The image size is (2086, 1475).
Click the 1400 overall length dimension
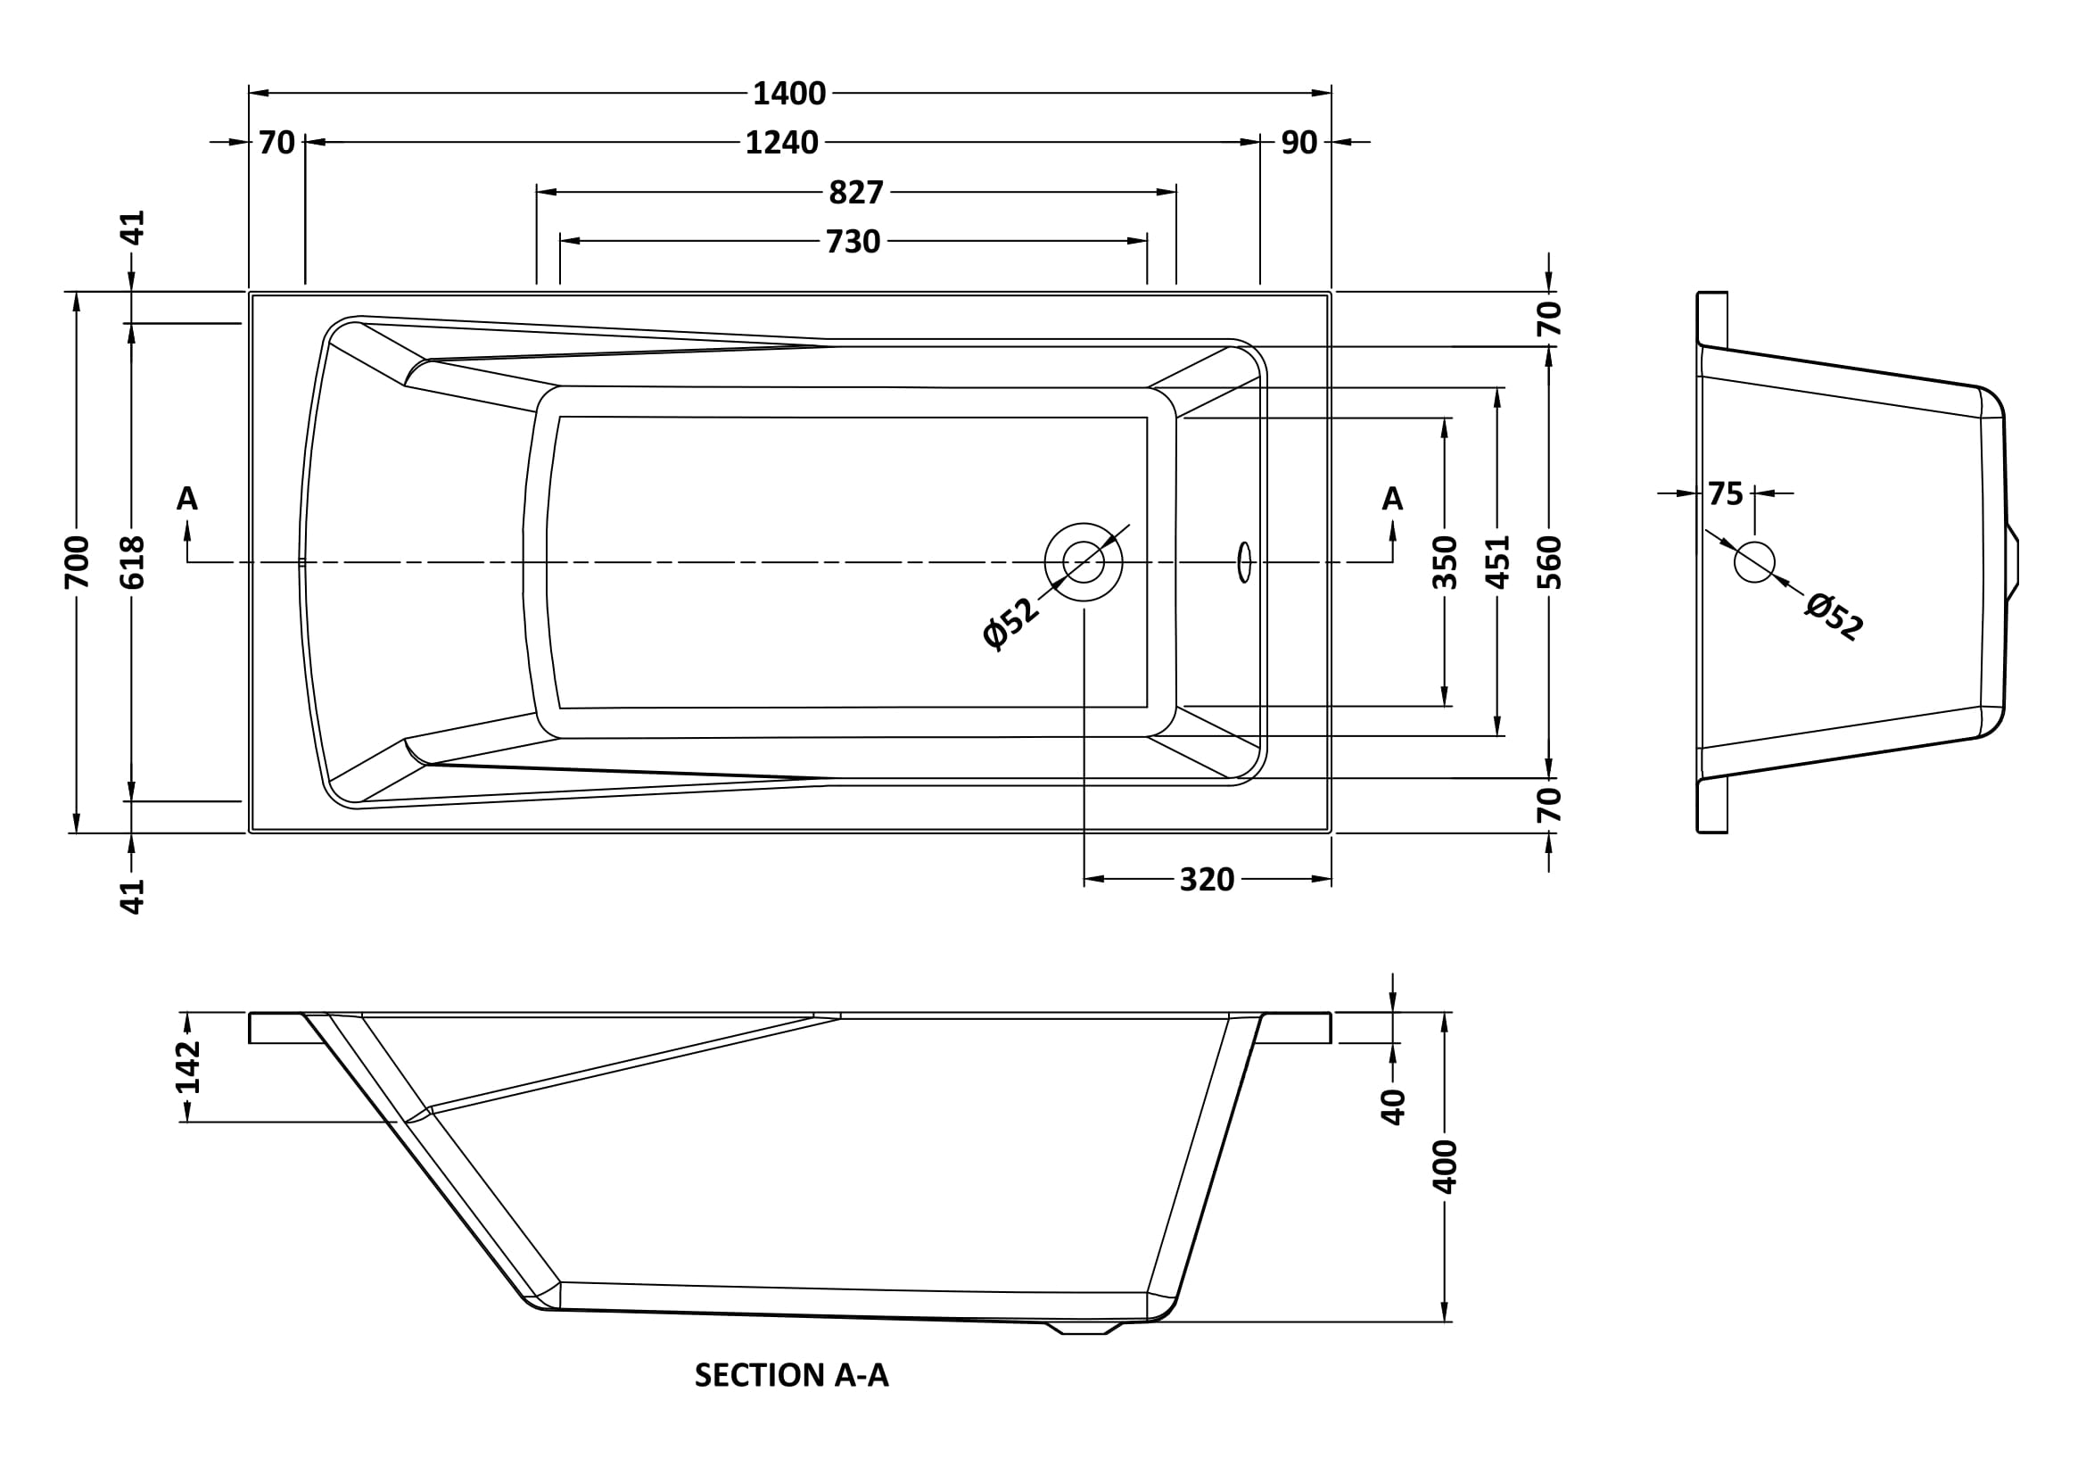[x=788, y=94]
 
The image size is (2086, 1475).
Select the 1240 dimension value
[x=781, y=143]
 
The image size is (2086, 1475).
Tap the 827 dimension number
[x=856, y=193]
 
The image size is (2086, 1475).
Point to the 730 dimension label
[x=853, y=242]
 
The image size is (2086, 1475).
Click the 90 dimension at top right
[x=1299, y=143]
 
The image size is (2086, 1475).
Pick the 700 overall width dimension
[x=78, y=561]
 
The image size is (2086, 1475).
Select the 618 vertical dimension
[x=133, y=561]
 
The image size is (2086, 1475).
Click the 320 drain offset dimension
[x=1207, y=880]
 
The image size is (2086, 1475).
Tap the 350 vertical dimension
[x=1445, y=561]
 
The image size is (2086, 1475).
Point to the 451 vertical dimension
[x=1498, y=561]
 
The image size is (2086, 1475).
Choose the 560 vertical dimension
[x=1550, y=561]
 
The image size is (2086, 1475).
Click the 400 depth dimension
[x=1445, y=1166]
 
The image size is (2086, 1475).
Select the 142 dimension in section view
[x=188, y=1067]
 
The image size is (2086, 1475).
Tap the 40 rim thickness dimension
[x=1393, y=1107]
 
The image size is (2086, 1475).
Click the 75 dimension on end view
[x=1726, y=494]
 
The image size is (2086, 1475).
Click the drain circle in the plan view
[x=1083, y=561]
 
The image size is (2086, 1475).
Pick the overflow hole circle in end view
[x=1754, y=561]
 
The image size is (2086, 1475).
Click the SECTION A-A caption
[x=791, y=1375]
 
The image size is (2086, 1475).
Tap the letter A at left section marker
[x=187, y=498]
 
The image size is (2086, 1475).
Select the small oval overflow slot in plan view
[x=1245, y=561]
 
